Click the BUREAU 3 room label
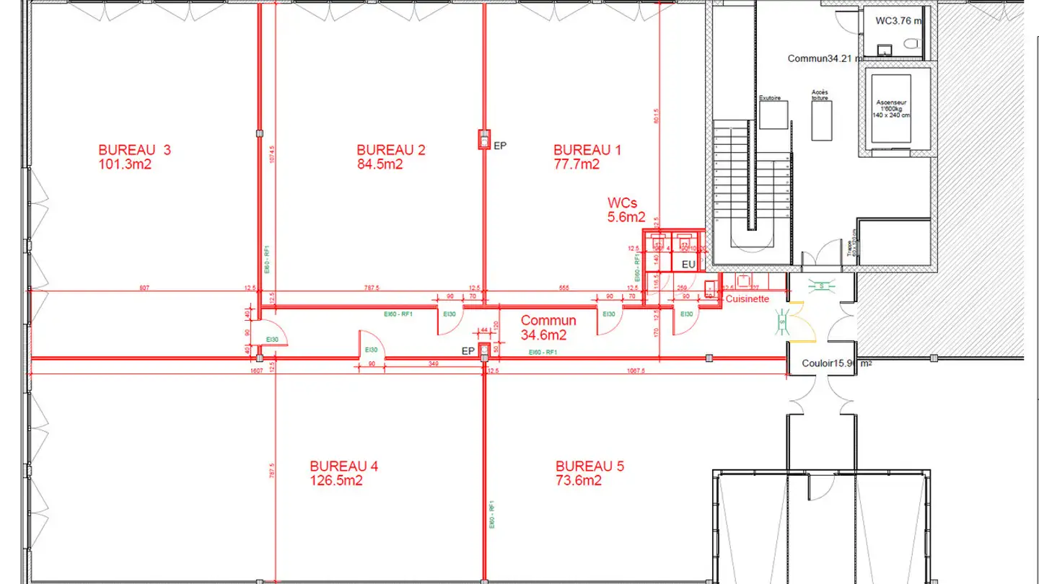135,150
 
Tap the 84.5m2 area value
380,164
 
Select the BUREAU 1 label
587,150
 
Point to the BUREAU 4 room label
343,466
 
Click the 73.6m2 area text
579,481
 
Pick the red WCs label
623,203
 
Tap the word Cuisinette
748,299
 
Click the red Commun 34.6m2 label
548,327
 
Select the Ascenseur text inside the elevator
892,102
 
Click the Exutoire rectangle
773,115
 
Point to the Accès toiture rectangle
823,120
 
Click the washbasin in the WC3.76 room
885,50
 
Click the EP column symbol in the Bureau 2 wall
483,139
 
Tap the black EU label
688,265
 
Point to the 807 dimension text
144,288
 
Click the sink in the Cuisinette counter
743,281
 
